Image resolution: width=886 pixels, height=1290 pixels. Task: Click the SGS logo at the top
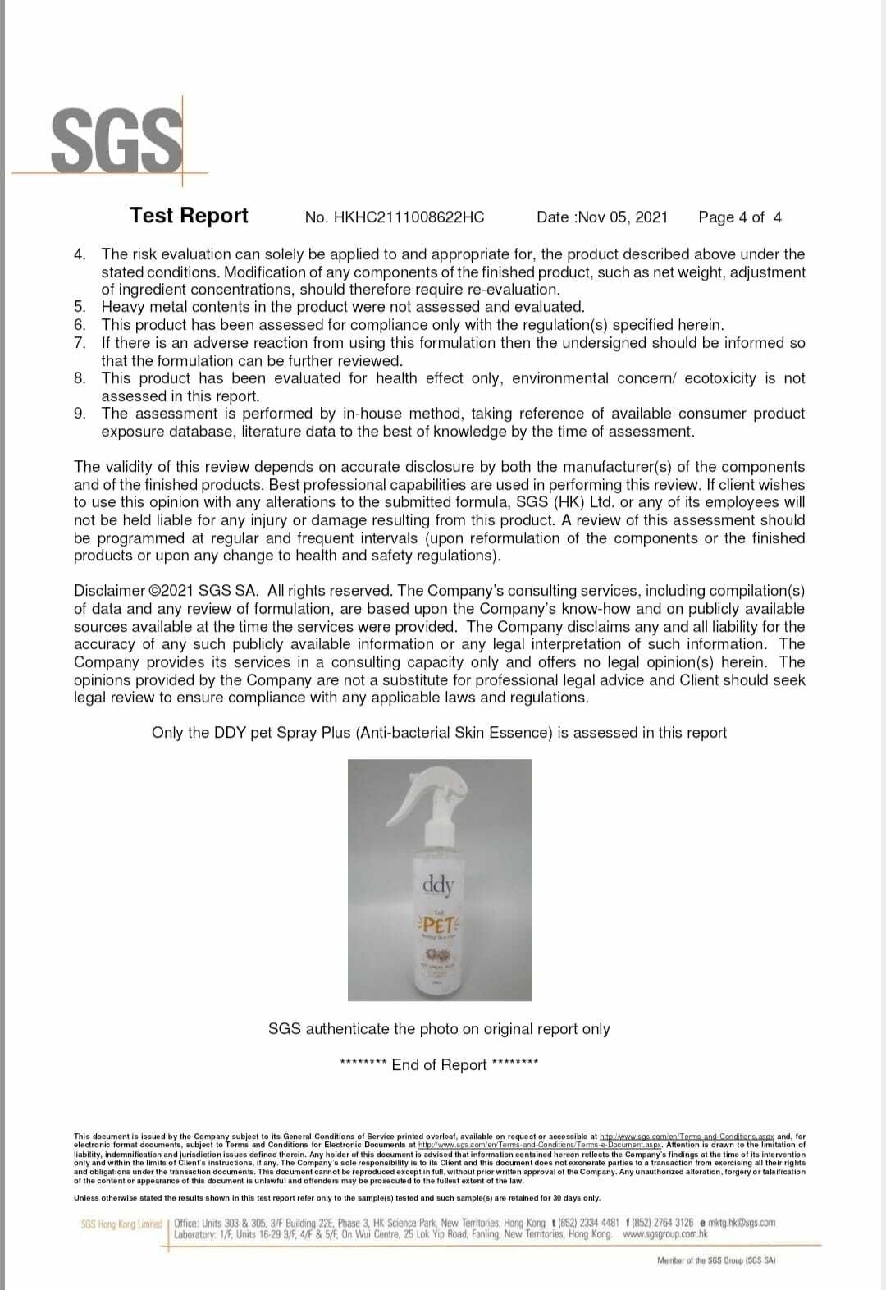(116, 140)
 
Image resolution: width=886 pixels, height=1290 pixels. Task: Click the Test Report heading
(189, 215)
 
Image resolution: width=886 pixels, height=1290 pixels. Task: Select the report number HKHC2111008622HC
(395, 217)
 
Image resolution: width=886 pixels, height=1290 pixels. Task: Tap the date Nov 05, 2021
(623, 217)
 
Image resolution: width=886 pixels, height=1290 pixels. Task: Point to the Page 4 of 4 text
(739, 217)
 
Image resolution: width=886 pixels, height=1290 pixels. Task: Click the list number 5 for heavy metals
(80, 307)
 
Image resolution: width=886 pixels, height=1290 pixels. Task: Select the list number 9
(80, 414)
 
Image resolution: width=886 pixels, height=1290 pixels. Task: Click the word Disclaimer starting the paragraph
(109, 591)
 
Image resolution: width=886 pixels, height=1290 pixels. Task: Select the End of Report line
(439, 1064)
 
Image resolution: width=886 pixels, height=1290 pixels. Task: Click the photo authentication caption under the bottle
(439, 1029)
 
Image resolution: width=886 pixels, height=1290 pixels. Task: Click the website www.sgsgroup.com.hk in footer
(664, 1234)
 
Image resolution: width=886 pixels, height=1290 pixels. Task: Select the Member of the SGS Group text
(715, 1260)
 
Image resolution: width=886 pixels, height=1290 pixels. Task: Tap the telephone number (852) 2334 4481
(588, 1223)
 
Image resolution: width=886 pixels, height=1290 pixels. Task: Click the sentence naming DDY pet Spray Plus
(439, 733)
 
